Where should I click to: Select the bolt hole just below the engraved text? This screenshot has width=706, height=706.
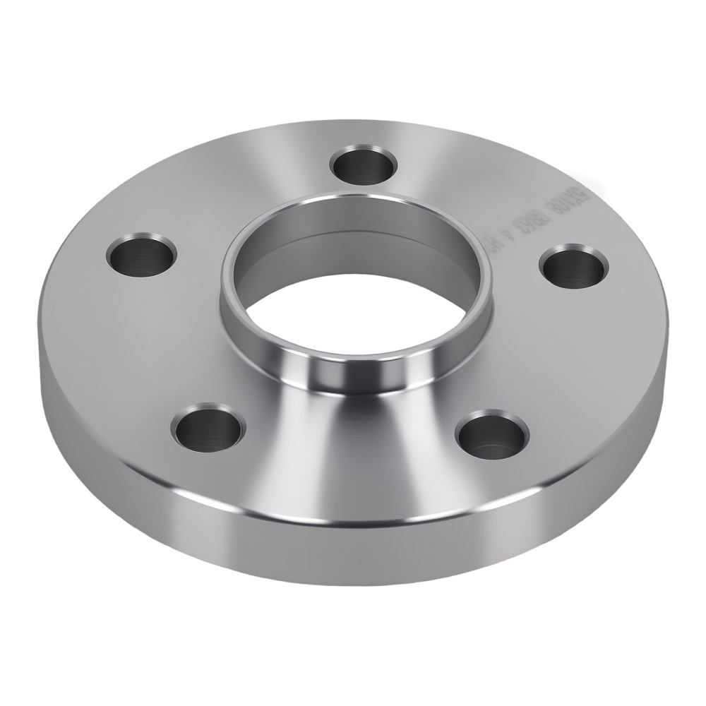573,266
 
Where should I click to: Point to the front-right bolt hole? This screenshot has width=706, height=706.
491,433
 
